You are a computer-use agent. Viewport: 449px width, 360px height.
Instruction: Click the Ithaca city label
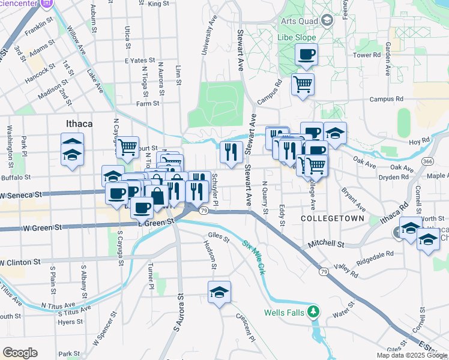pyautogui.click(x=78, y=124)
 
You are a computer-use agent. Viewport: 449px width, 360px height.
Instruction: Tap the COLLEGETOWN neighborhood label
pyautogui.click(x=332, y=219)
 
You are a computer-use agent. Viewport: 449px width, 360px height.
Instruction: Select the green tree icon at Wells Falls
pyautogui.click(x=312, y=311)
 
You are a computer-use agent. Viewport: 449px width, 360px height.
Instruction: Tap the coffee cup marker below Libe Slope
pyautogui.click(x=306, y=55)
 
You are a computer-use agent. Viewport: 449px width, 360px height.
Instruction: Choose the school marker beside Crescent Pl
pyautogui.click(x=220, y=293)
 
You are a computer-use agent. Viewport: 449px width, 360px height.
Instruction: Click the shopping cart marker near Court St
pyautogui.click(x=127, y=146)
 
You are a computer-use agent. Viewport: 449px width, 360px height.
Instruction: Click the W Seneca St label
pyautogui.click(x=22, y=196)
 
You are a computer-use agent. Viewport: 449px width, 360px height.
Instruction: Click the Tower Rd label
pyautogui.click(x=367, y=55)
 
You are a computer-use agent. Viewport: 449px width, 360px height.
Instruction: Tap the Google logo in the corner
pyautogui.click(x=20, y=353)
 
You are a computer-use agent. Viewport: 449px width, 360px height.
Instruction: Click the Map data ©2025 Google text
pyautogui.click(x=412, y=355)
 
